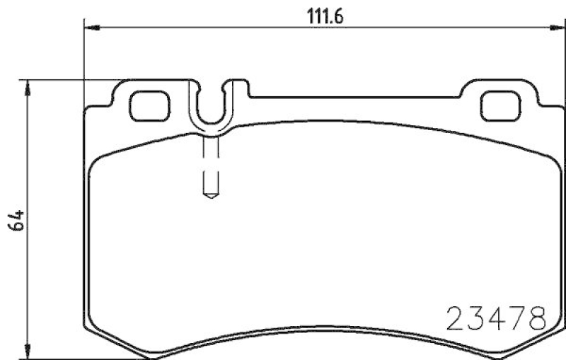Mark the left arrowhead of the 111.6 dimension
click(x=90, y=28)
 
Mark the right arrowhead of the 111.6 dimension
click(x=557, y=28)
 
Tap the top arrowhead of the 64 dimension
click(x=28, y=85)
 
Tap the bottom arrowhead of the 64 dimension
click(x=28, y=354)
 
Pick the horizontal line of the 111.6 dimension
click(x=212, y=28)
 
